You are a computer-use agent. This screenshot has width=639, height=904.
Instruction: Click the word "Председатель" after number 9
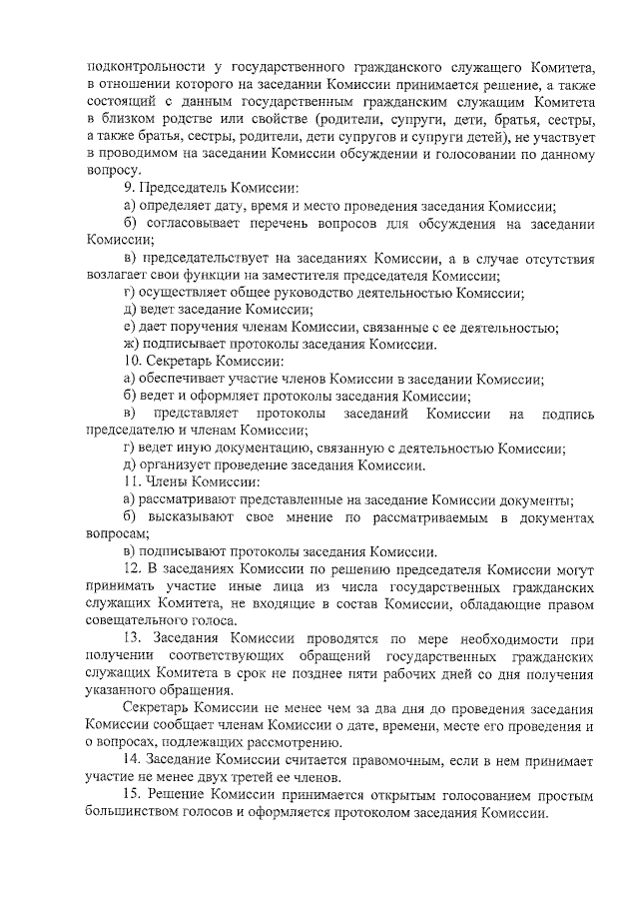point(182,188)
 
